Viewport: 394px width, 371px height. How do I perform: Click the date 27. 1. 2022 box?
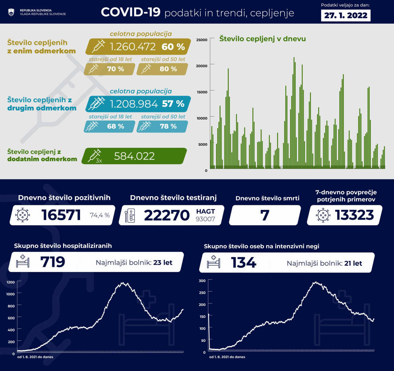coord(346,15)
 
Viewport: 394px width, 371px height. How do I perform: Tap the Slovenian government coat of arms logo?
coord(11,12)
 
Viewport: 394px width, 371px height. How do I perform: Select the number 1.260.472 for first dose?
coord(133,47)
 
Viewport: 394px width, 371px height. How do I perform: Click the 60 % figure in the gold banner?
coord(173,47)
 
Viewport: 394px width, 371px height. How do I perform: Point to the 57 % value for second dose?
coord(173,104)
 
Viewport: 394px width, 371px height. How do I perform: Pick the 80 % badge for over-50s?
coord(168,69)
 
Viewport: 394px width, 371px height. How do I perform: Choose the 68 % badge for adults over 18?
coord(115,126)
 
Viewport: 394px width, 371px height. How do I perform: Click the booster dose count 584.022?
coord(134,156)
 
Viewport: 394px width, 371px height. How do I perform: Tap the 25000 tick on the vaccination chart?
coord(202,40)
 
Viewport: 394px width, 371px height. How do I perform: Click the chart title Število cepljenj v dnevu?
coord(263,39)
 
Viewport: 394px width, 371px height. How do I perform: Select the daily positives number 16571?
coord(61,215)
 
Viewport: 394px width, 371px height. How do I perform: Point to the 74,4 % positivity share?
coord(100,215)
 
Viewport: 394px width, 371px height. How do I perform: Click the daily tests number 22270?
coord(167,215)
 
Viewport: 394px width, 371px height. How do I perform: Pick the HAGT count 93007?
coord(205,219)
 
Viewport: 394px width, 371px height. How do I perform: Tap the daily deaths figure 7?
coord(265,215)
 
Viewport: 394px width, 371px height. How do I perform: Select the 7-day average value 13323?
coord(354,215)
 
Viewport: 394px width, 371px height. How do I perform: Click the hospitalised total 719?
coord(53,262)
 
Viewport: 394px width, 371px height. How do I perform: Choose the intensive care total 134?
coord(243,263)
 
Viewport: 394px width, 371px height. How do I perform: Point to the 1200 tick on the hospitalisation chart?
coord(10,282)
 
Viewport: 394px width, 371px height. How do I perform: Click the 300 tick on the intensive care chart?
coord(202,281)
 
